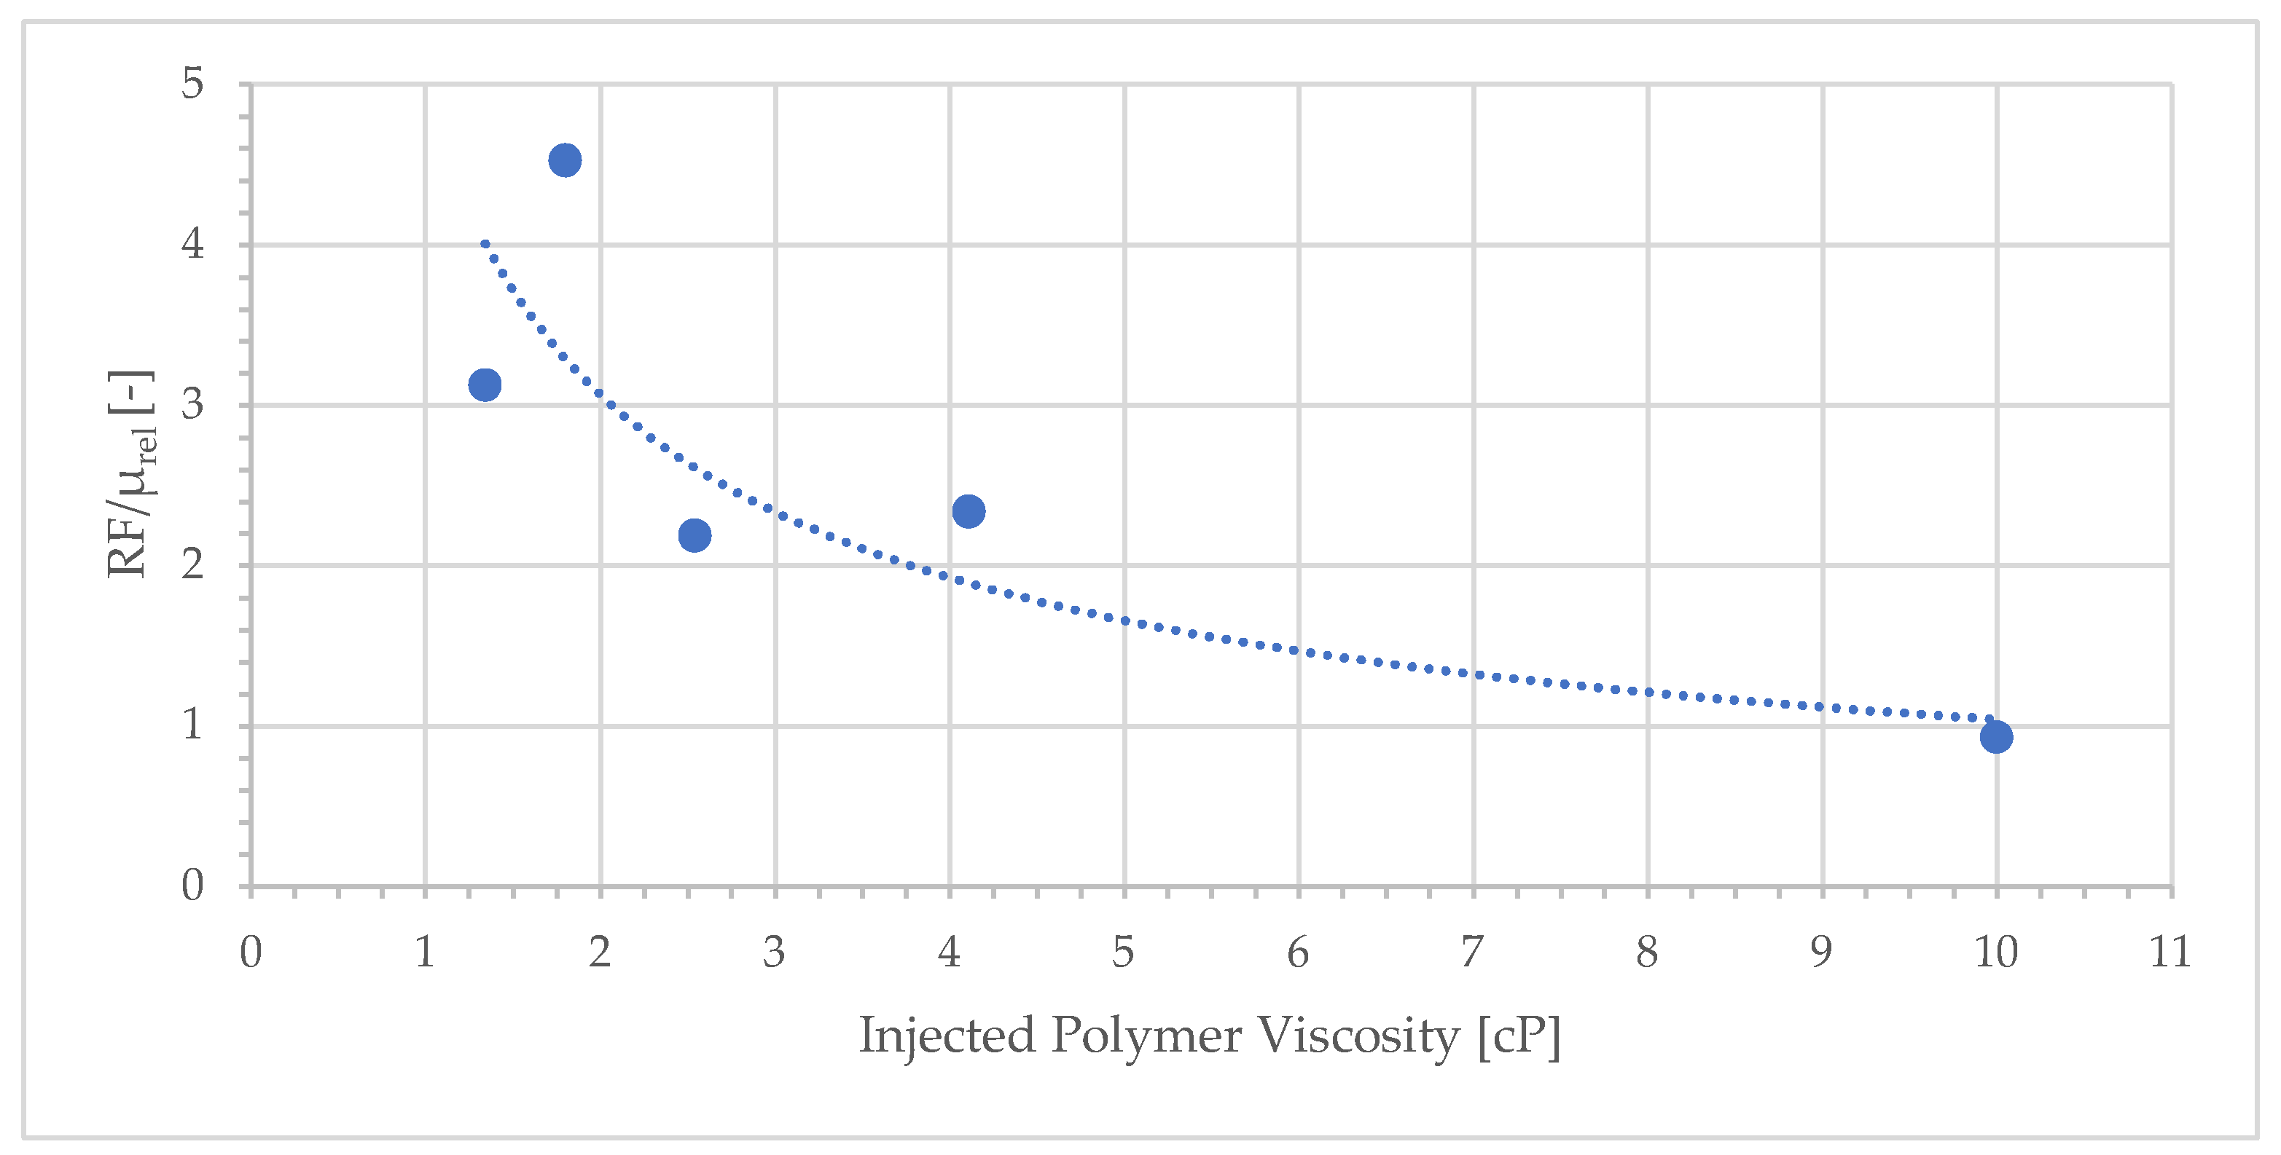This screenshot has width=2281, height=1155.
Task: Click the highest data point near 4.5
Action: pos(565,160)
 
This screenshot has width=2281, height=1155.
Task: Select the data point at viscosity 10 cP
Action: pos(1996,736)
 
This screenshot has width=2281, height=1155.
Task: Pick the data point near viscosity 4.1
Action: pos(969,511)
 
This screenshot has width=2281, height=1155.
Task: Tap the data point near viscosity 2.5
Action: pos(695,535)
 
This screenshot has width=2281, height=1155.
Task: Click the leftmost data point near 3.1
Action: pos(485,384)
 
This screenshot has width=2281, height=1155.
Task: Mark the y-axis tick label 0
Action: pos(192,885)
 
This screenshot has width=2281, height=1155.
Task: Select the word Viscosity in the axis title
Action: pos(1359,1036)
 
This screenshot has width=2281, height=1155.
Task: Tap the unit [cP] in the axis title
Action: pos(1519,1036)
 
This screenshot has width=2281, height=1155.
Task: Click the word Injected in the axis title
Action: pos(947,1036)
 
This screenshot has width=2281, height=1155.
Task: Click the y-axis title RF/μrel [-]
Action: pos(131,473)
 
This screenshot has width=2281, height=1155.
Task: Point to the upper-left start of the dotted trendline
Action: pos(485,243)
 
